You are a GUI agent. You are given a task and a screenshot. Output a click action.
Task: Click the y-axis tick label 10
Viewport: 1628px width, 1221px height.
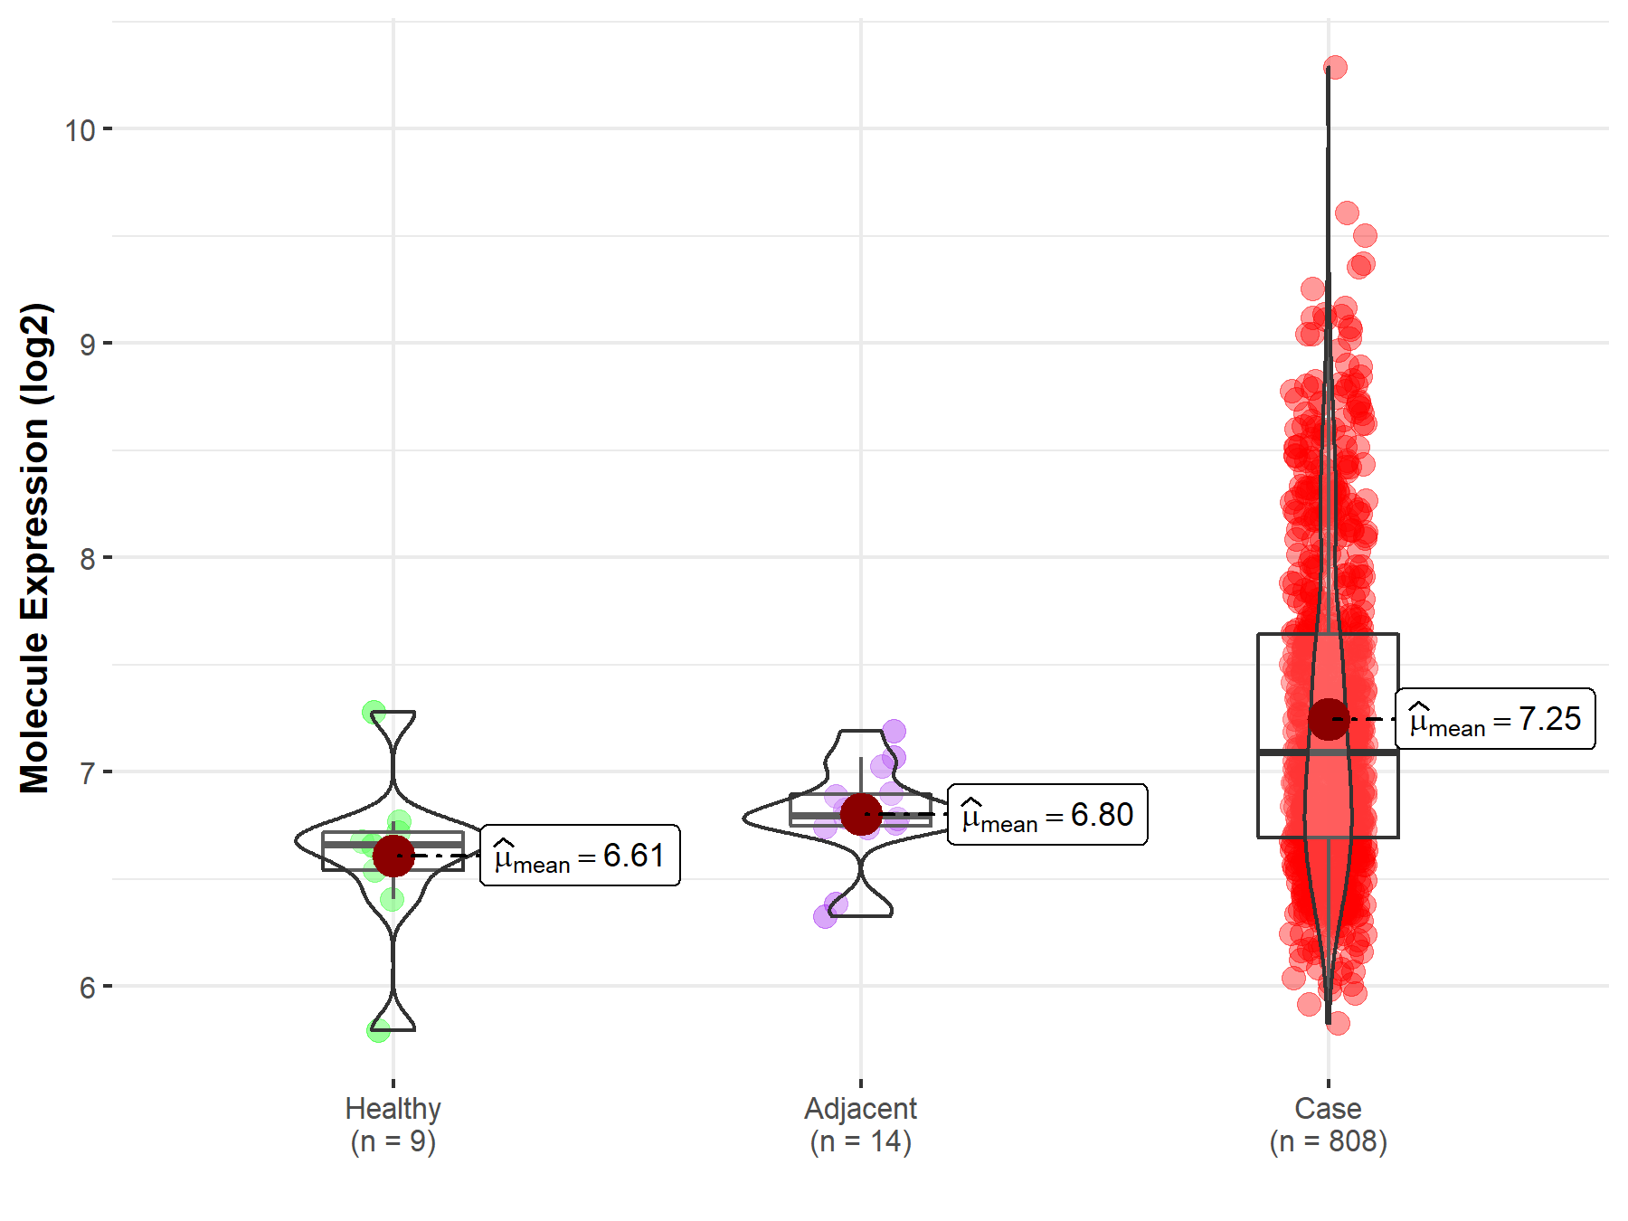coord(80,130)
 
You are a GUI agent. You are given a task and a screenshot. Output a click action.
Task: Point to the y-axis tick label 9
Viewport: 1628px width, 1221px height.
coord(87,345)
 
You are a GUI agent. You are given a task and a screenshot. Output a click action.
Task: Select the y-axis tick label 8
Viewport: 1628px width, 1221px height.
coord(87,559)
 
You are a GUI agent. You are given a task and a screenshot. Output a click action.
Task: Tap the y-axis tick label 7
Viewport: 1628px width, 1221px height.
coord(87,773)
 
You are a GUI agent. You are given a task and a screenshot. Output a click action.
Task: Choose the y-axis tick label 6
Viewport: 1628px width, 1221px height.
coord(87,988)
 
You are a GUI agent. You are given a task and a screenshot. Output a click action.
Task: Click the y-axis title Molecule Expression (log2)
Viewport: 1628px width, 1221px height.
coord(34,548)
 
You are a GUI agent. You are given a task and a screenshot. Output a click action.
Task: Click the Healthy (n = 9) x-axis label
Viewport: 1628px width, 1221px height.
coord(393,1124)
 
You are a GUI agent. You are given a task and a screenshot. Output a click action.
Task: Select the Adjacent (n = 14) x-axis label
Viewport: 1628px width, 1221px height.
coord(860,1124)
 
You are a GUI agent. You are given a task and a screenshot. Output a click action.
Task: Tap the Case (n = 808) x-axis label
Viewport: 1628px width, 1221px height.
coord(1328,1124)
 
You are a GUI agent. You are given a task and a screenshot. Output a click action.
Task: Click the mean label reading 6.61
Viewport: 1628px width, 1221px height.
coord(580,856)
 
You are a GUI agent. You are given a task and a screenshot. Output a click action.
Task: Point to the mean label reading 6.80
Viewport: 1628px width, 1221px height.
coord(1047,815)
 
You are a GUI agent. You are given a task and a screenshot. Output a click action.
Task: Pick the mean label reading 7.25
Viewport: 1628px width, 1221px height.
coord(1495,719)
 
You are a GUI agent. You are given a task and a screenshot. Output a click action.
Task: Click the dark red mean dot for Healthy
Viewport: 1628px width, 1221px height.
coord(393,856)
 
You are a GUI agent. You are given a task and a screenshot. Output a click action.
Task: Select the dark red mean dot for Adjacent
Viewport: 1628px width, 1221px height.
coord(861,814)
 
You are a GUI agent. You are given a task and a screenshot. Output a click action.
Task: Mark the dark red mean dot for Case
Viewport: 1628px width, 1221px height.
coord(1329,719)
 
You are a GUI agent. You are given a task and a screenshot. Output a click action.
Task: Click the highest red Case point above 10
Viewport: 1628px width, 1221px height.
coord(1335,67)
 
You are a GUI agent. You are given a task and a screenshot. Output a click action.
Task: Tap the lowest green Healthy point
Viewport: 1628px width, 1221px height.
coord(378,1029)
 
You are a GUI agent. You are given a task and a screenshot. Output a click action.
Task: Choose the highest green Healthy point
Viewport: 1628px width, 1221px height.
coord(374,712)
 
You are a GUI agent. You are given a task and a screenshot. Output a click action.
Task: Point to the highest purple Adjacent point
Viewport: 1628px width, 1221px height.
coord(894,730)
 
